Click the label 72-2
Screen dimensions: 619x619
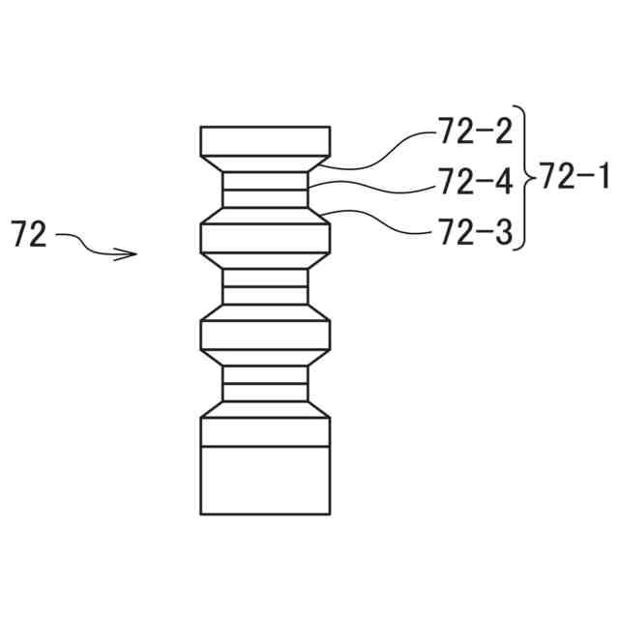tap(475, 132)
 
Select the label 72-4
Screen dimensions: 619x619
tap(475, 181)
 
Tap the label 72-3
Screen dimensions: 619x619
tap(475, 231)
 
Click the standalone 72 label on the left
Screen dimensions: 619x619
tap(29, 235)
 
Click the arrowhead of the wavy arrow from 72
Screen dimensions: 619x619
tap(130, 255)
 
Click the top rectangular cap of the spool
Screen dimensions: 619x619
tap(265, 140)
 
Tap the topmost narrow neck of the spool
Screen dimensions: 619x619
tap(265, 190)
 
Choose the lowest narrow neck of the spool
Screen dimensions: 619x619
tap(265, 383)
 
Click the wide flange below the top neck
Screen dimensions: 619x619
tap(265, 237)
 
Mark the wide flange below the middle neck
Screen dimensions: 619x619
tap(265, 334)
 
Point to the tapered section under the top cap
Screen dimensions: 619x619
tap(265, 163)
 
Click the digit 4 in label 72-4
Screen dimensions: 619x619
tap(501, 181)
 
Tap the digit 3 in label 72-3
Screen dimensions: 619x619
tap(501, 231)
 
